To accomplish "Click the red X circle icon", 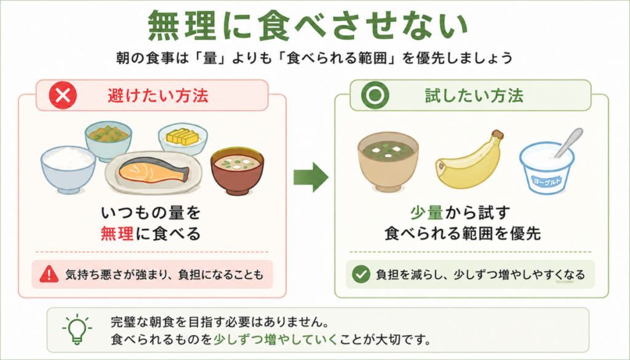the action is click(x=63, y=95).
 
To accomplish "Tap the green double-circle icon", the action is click(x=375, y=95).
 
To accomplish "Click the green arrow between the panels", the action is click(x=311, y=177).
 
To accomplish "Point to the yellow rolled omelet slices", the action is click(x=183, y=137).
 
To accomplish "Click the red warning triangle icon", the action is click(x=49, y=274).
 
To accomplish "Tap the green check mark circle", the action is click(x=361, y=274).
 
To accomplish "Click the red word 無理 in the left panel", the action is click(x=117, y=233).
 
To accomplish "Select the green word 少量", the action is click(x=427, y=212).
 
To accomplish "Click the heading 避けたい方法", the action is click(x=158, y=95).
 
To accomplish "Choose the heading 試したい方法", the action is click(x=474, y=95).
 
